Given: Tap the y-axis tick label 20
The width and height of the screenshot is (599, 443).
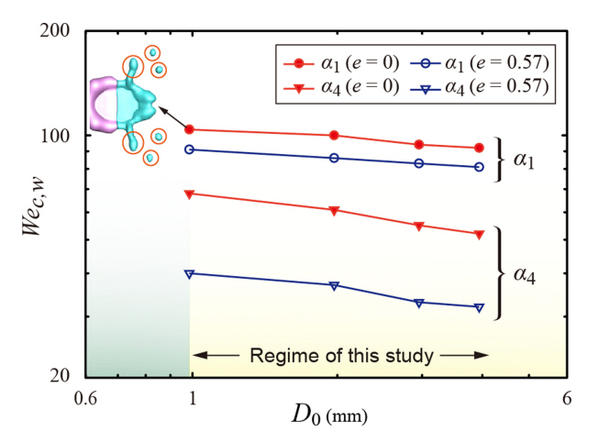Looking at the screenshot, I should click(x=69, y=376).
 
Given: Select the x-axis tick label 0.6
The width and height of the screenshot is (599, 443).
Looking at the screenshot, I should click(x=85, y=399).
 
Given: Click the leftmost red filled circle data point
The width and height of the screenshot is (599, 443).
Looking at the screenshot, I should click(x=190, y=129).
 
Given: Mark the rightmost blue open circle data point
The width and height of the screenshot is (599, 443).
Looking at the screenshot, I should click(x=479, y=167).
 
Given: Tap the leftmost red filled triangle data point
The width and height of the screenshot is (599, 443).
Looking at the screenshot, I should click(x=190, y=194).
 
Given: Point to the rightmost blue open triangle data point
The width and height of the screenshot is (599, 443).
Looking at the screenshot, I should click(x=479, y=307).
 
